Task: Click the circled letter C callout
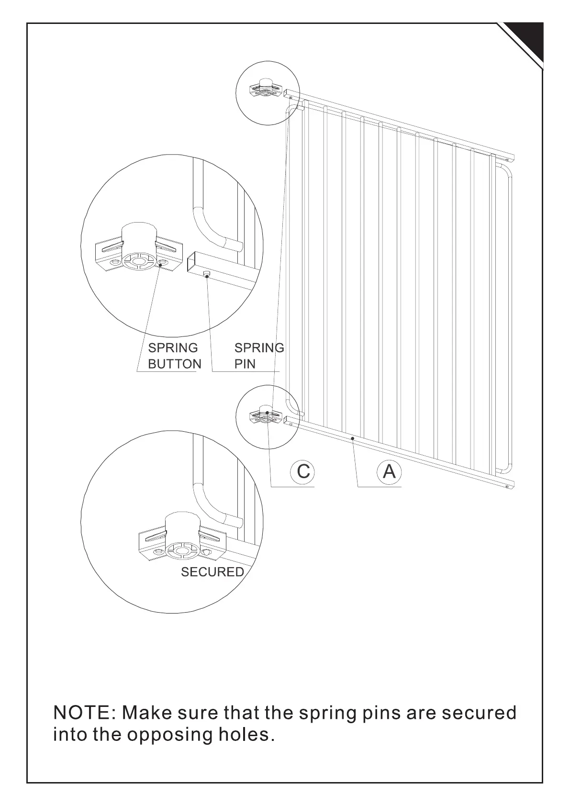(303, 471)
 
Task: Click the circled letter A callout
(390, 471)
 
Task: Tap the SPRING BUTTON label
(174, 356)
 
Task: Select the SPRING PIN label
(259, 356)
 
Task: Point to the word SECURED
(212, 572)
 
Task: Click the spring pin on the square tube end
(206, 275)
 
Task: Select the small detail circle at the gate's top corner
(268, 93)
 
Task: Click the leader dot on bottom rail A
(352, 438)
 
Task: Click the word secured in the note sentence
(479, 713)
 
